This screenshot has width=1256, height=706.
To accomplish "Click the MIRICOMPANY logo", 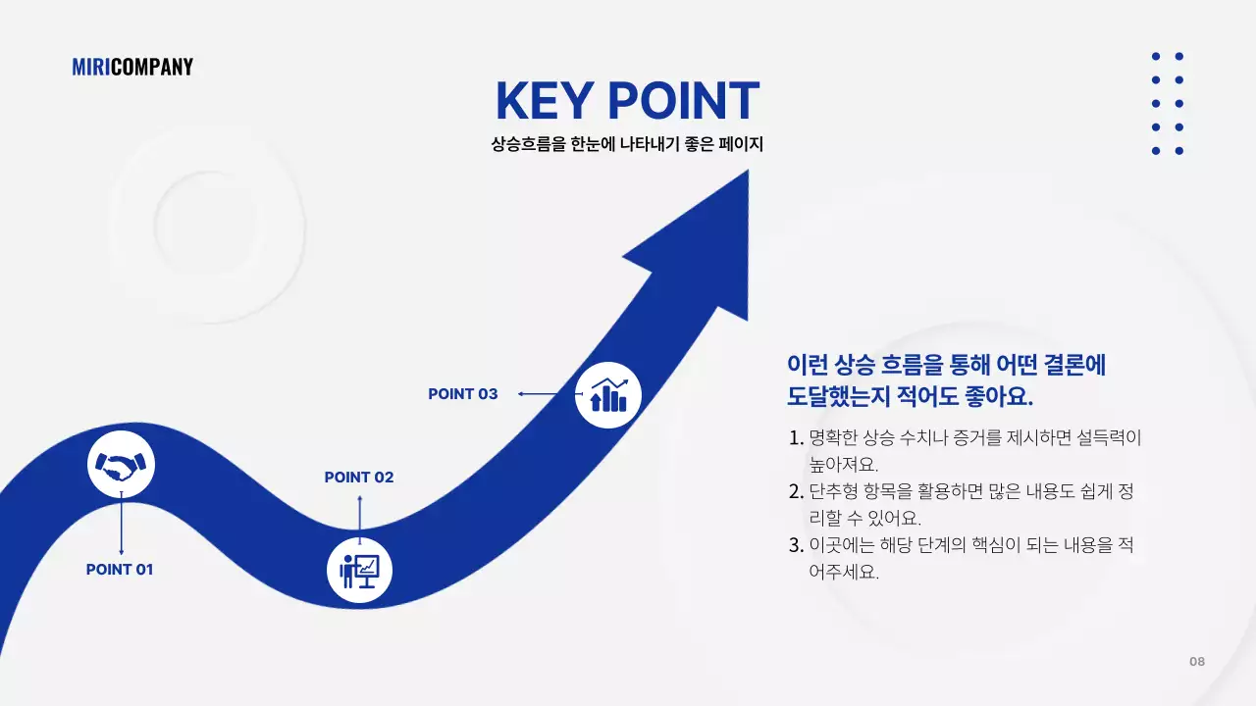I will click(x=132, y=67).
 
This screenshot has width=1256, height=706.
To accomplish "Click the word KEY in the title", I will click(x=544, y=101).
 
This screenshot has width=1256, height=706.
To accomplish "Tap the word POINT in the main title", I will click(x=683, y=101).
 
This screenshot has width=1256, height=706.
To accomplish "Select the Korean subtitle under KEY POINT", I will click(x=627, y=144).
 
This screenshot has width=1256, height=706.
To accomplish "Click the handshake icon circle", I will click(x=121, y=465).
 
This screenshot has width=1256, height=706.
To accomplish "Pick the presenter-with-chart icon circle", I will click(x=359, y=569).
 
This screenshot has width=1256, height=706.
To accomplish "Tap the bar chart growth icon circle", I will click(x=607, y=395).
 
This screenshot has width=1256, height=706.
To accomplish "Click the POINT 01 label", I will click(x=120, y=570).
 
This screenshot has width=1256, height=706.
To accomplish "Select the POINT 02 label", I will click(x=359, y=478).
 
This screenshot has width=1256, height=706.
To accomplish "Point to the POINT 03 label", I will click(x=463, y=394).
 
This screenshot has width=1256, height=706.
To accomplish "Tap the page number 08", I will click(x=1197, y=661).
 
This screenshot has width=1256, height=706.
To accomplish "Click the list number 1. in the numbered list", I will click(x=796, y=438).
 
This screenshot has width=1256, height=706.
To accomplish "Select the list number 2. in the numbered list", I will click(x=796, y=491).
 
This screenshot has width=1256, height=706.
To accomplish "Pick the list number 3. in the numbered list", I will click(x=796, y=545).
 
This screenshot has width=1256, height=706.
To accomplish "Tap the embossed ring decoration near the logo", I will click(x=205, y=224).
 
